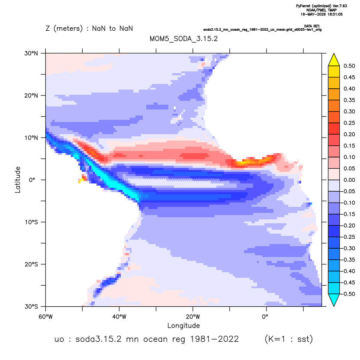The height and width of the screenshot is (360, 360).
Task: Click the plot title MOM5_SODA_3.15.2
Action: coord(183,39)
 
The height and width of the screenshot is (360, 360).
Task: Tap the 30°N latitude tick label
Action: coord(31,53)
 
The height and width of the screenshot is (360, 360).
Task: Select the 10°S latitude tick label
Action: coord(32,222)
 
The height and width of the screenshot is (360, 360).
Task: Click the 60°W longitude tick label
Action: coord(46,317)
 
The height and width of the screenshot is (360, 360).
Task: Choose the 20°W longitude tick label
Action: coord(193,317)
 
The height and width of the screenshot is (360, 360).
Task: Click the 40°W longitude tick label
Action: coord(119,317)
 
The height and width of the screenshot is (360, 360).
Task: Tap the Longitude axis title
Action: coord(183,325)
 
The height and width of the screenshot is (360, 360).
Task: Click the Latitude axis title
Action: coord(18,180)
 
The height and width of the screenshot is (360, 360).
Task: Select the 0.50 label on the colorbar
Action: coord(349,66)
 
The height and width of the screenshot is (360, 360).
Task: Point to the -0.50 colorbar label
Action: coord(348,294)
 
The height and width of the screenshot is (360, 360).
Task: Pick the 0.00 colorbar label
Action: coord(349,180)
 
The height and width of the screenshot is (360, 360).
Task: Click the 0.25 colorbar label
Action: coord(349,123)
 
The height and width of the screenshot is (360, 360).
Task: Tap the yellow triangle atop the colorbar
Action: coord(334,60)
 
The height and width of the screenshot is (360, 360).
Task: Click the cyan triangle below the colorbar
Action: coord(334,300)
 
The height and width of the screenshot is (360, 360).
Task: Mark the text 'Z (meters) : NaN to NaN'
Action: coord(89,29)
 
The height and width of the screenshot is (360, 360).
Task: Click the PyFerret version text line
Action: coord(321,6)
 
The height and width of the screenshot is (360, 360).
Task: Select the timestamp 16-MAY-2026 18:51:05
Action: coord(321,14)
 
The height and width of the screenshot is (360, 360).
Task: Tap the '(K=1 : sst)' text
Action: coord(289,339)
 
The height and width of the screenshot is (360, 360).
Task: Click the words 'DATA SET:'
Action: coord(312,26)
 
